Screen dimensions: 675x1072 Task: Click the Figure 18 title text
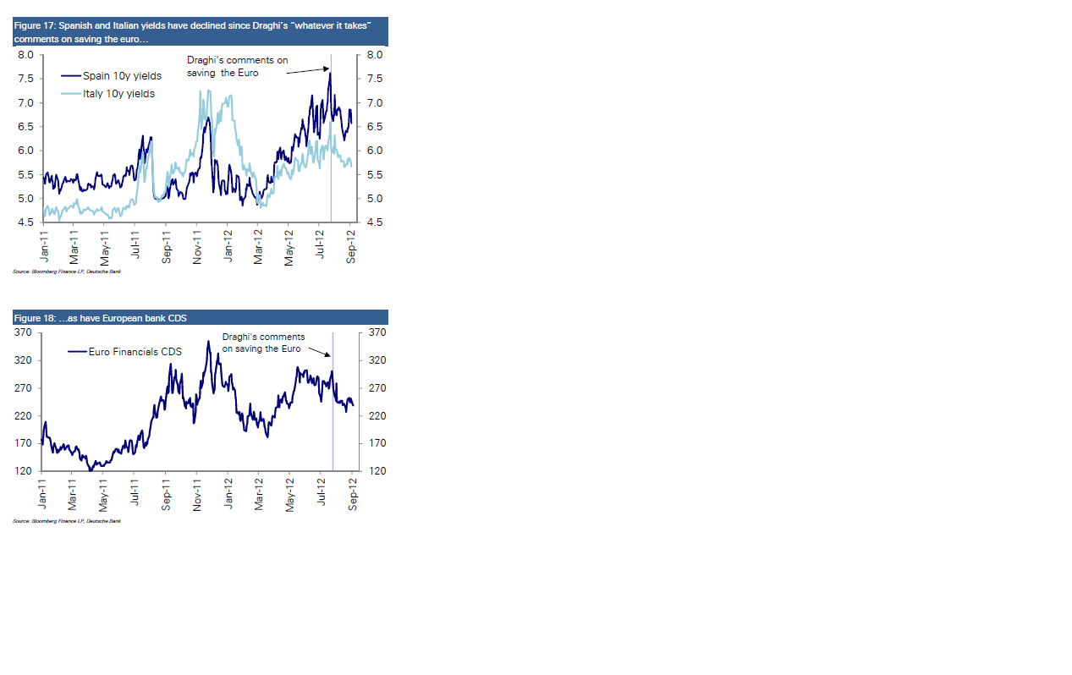point(100,318)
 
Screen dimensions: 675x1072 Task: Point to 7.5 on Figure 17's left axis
point(25,79)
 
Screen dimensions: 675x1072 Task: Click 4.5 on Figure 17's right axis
point(374,222)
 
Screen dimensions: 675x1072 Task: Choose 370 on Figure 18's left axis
point(23,333)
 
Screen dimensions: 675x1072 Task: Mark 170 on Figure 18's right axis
point(377,443)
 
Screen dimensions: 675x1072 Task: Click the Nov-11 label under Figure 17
point(197,248)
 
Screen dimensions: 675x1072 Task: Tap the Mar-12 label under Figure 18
point(259,495)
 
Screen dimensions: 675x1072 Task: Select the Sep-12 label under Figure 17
point(352,248)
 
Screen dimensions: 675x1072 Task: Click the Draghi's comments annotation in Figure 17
point(237,67)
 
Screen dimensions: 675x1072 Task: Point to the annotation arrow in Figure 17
point(307,70)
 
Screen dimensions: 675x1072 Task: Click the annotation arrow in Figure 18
point(318,352)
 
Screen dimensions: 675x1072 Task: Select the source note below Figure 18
point(67,521)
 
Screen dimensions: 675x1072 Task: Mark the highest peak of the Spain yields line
point(329,74)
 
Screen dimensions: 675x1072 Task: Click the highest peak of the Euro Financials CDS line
point(208,341)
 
